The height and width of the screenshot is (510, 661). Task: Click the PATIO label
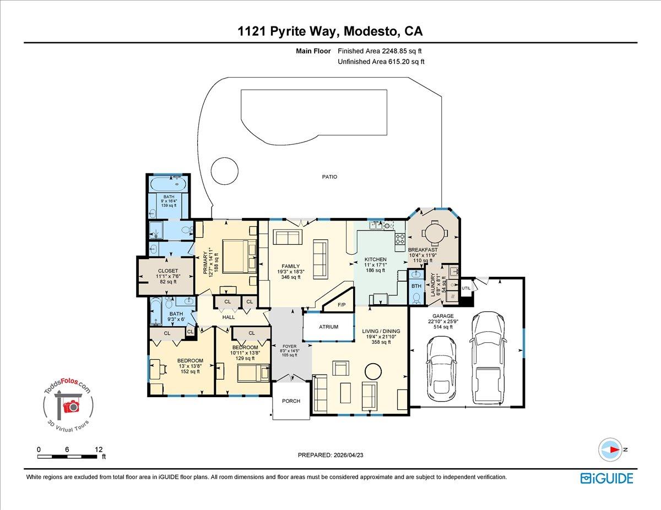330,177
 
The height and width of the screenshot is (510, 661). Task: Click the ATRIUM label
328,327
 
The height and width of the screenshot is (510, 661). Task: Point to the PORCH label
291,401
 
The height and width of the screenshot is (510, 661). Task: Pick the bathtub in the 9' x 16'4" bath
169,184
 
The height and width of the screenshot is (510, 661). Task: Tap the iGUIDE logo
606,478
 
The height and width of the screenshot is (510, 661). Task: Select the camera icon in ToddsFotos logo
71,407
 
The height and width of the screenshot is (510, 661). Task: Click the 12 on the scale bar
99,449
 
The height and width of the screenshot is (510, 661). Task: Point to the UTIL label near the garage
466,288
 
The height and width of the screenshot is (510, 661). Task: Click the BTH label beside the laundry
416,286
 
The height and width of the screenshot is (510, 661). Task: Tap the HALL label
229,317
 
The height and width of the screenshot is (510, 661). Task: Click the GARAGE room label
442,316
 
